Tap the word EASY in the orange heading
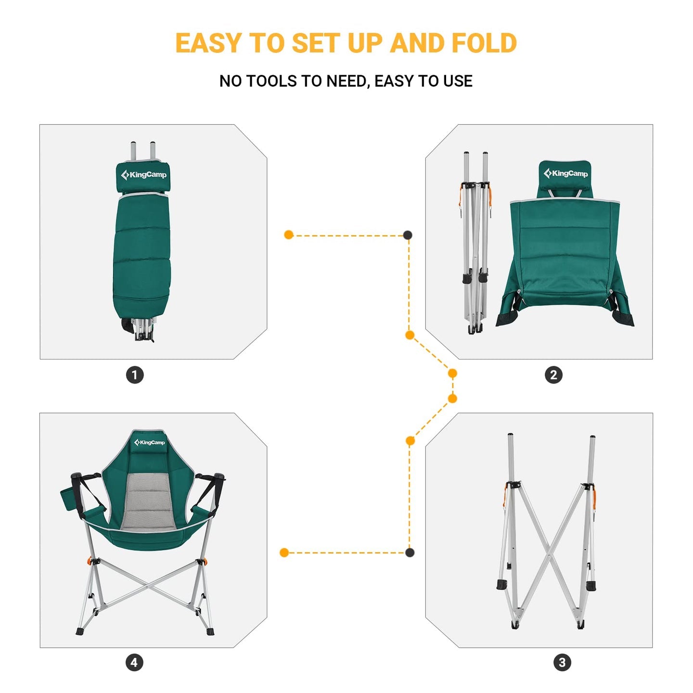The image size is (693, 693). point(208,43)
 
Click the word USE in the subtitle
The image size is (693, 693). point(457,81)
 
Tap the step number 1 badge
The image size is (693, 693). point(135,375)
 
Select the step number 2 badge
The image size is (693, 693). point(553,375)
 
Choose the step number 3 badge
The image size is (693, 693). point(562,663)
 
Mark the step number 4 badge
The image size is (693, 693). point(134,663)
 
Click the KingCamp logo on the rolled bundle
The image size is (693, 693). point(143,175)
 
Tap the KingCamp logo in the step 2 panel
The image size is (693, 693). point(566,173)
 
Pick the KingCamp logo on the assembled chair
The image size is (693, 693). point(150,442)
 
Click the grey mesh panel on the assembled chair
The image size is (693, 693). point(147,500)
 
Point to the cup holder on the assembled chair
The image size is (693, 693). point(68,500)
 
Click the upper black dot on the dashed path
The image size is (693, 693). point(408,235)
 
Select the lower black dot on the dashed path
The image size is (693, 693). point(410,552)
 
